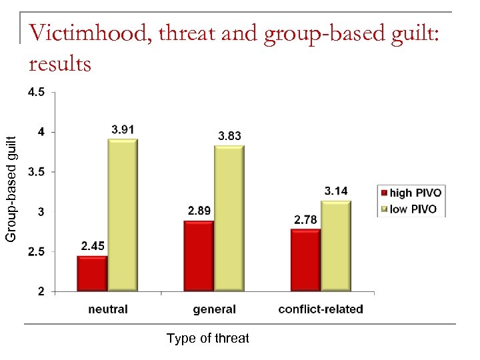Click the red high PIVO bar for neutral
(x=92, y=274)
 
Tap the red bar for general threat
(x=199, y=256)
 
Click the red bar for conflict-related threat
(x=305, y=261)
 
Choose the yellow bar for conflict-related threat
(x=336, y=246)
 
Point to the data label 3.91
(x=124, y=129)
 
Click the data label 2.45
(x=93, y=246)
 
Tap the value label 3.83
(x=229, y=136)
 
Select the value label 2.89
(x=199, y=211)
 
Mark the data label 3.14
(x=336, y=191)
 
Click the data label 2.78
(x=306, y=219)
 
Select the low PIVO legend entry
(x=409, y=209)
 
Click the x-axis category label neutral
(x=108, y=309)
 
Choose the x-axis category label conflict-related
(x=321, y=309)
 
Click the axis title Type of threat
(x=207, y=339)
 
